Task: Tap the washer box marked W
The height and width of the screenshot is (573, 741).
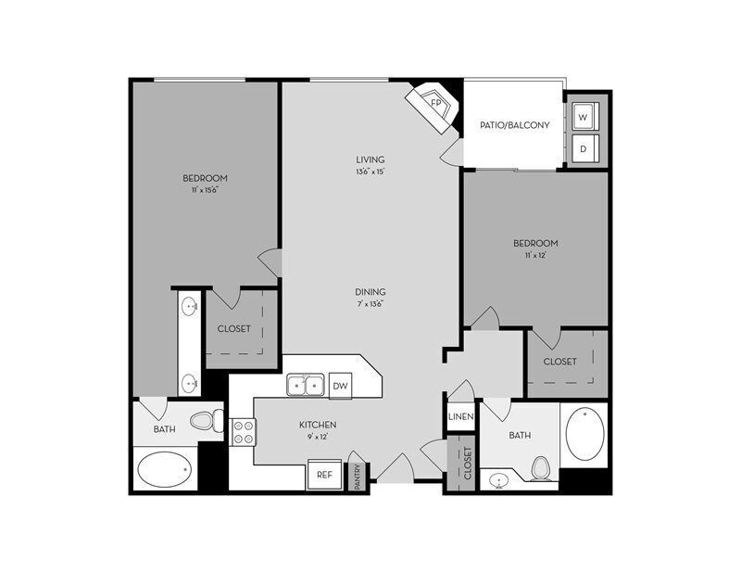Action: point(584,117)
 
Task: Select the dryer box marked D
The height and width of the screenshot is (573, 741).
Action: point(584,148)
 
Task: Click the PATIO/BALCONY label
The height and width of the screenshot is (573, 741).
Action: point(514,125)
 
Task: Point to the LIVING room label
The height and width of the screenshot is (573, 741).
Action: point(370,159)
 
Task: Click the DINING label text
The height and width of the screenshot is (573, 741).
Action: point(370,291)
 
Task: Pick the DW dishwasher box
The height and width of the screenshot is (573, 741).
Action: point(340,385)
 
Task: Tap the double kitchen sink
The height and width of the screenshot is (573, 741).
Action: point(304,385)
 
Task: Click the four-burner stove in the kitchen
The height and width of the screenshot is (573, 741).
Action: point(243,432)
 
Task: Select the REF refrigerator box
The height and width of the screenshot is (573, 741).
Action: point(324,475)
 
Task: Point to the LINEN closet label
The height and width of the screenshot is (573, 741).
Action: point(461,417)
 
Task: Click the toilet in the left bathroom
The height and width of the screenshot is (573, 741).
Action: point(206,422)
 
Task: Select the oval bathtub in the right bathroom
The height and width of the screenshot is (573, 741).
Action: point(584,434)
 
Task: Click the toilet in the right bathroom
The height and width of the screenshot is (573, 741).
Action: point(543,468)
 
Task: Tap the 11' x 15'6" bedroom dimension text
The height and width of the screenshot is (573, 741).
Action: point(205,190)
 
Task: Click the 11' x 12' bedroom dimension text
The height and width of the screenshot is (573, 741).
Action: point(535,256)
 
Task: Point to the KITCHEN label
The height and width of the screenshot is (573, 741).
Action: point(317,425)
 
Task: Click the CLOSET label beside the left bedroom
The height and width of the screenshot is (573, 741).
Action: point(234,328)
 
